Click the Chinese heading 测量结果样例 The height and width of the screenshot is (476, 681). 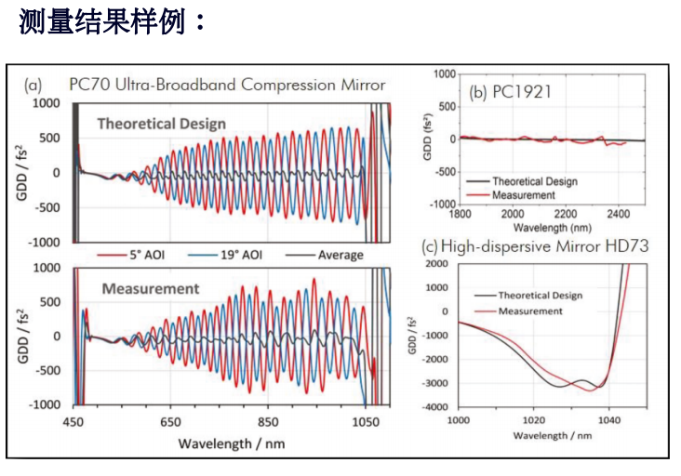click(x=111, y=22)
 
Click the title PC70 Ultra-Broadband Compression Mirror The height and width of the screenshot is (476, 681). click(x=227, y=85)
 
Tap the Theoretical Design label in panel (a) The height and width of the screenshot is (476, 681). click(x=163, y=123)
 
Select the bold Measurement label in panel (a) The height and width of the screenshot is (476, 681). click(x=150, y=288)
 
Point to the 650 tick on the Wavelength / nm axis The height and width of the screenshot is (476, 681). click(x=170, y=422)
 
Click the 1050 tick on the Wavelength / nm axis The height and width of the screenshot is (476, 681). click(x=363, y=422)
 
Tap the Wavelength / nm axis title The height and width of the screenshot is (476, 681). click(x=231, y=443)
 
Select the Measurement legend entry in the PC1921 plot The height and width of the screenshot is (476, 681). click(x=523, y=195)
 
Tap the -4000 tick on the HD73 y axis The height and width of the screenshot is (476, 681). click(x=439, y=407)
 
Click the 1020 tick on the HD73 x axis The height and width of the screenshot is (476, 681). click(x=533, y=420)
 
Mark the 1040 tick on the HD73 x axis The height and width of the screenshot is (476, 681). click(x=608, y=420)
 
